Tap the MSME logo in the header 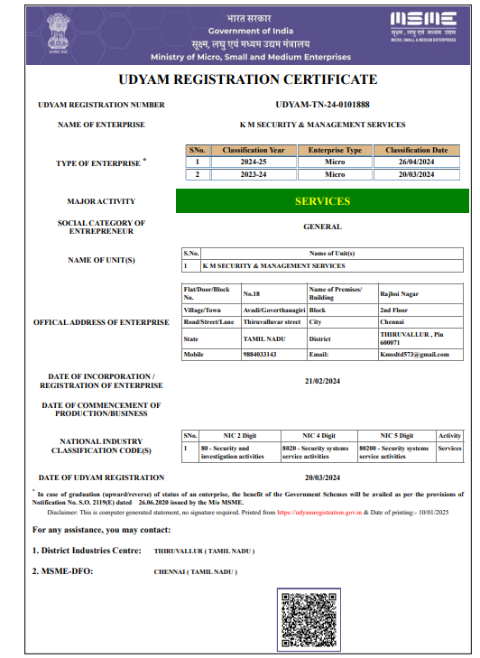coord(422,24)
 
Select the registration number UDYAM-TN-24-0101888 coord(322,105)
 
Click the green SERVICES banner coord(322,201)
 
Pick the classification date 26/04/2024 coord(416,162)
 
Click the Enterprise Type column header coord(335,150)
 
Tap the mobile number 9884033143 coord(260,355)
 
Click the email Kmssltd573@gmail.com coord(414,355)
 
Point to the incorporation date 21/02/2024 coord(322,381)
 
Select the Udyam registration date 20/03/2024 coord(322,477)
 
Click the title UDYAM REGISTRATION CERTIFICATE coord(240,79)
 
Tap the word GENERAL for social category coord(322,227)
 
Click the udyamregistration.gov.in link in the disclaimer coord(319,511)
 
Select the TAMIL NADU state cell coord(263,339)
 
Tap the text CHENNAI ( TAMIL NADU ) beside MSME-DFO coord(196,572)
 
